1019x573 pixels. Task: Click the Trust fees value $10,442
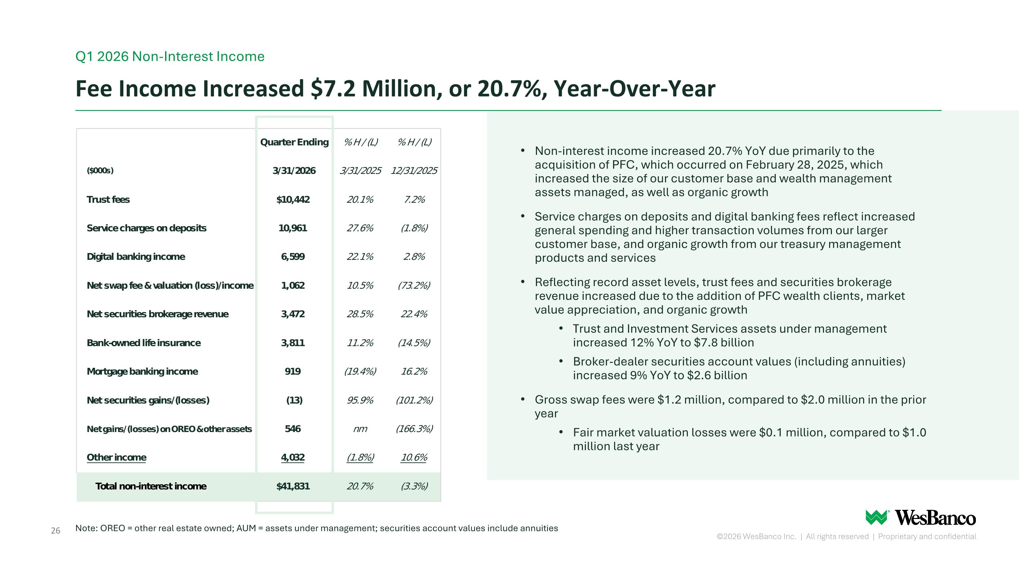(x=293, y=199)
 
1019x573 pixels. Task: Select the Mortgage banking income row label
(x=142, y=371)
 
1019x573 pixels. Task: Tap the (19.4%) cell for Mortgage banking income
(x=360, y=371)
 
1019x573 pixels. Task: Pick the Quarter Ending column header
(x=294, y=142)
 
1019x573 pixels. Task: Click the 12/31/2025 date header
(x=414, y=171)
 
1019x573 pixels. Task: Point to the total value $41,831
(x=293, y=486)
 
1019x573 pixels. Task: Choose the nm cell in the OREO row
(x=360, y=429)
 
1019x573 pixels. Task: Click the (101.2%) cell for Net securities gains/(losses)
(x=414, y=400)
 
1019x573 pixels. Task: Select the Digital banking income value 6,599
(x=293, y=257)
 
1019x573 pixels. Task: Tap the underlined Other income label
(x=116, y=457)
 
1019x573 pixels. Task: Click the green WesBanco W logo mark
(x=877, y=517)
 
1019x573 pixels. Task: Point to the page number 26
(x=55, y=531)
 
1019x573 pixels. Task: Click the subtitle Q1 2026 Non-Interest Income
(x=170, y=56)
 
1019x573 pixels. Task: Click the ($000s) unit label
(x=100, y=171)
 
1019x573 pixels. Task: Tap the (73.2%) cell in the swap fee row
(x=414, y=286)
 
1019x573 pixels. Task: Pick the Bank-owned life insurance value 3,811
(x=293, y=343)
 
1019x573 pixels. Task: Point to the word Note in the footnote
(x=86, y=528)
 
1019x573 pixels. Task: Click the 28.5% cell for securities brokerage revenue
(x=360, y=314)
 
